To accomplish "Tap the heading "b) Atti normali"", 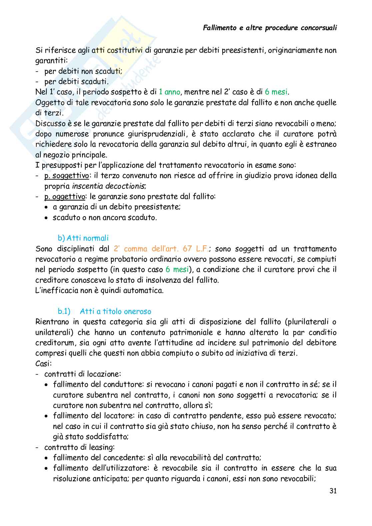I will [83, 238].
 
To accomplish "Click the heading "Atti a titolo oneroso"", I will [115, 311].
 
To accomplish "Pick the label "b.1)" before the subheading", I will [64, 311].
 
